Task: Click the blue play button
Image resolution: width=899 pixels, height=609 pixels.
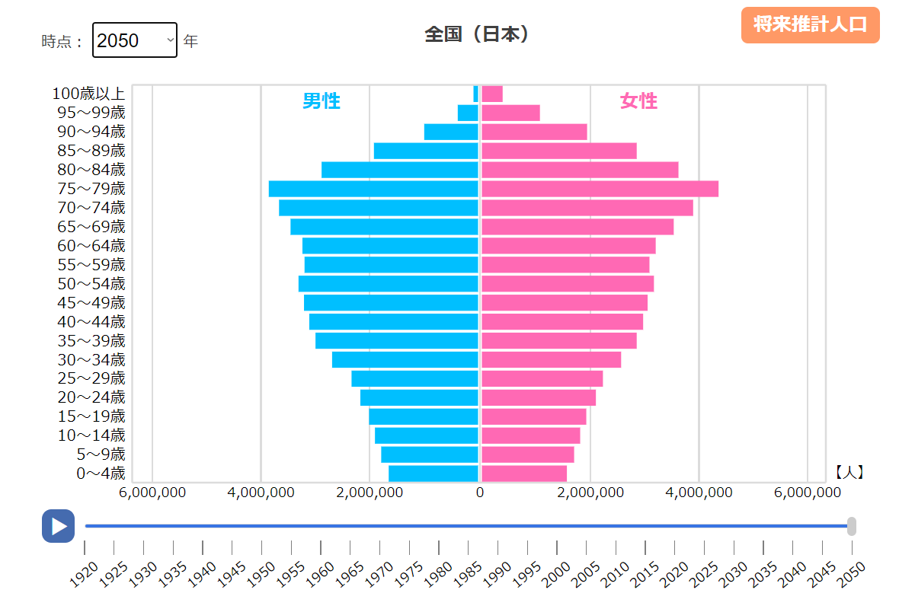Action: click(58, 526)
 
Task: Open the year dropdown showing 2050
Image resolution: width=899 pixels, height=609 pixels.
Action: click(135, 40)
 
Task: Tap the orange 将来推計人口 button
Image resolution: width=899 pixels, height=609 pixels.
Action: click(810, 24)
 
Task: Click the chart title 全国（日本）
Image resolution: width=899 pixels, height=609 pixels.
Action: click(476, 34)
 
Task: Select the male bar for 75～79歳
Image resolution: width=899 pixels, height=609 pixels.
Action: click(373, 189)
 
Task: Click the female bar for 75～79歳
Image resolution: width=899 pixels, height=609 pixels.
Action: click(600, 189)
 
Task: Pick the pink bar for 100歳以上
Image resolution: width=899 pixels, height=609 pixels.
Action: click(492, 94)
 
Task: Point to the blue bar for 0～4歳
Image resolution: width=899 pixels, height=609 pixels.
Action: click(434, 473)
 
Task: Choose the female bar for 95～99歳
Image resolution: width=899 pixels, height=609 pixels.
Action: click(510, 113)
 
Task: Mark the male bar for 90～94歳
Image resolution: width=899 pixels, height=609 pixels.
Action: click(451, 132)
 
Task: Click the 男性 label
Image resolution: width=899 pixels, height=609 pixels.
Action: click(321, 101)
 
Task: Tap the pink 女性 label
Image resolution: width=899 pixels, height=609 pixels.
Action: click(638, 101)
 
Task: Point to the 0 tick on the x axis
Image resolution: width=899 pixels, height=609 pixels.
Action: click(480, 493)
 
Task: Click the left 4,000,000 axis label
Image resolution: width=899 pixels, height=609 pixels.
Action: click(261, 493)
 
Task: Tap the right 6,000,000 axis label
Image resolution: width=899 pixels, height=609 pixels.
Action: click(808, 493)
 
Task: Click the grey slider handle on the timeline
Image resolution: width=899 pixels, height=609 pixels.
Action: click(852, 526)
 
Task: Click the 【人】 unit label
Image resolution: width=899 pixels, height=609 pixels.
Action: click(849, 473)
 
